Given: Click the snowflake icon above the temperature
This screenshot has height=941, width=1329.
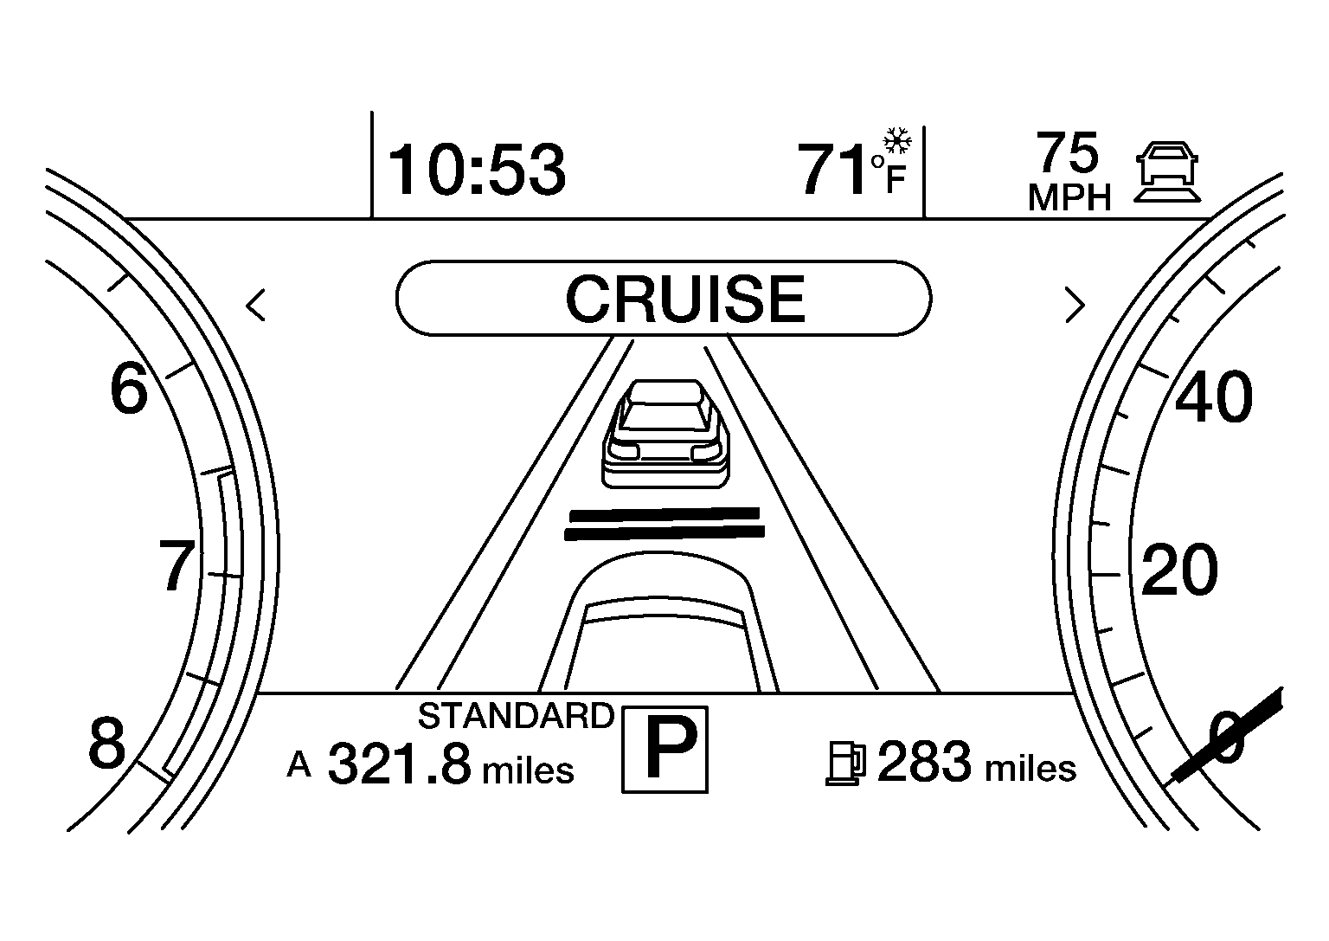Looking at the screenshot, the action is coord(897,141).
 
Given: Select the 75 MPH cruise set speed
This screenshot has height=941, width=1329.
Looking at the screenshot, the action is coord(1069,171).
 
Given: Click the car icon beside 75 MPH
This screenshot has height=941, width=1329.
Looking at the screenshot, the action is coord(1167,172).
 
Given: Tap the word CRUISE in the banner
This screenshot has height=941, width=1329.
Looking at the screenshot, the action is coord(685,299).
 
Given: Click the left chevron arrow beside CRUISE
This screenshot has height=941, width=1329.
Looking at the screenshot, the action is coord(256,306).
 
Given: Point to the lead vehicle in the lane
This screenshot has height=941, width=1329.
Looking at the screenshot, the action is coord(665,434).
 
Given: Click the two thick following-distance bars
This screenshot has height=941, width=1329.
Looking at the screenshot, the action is coord(664,525).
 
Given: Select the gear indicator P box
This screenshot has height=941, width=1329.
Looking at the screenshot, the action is coord(664,749).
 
